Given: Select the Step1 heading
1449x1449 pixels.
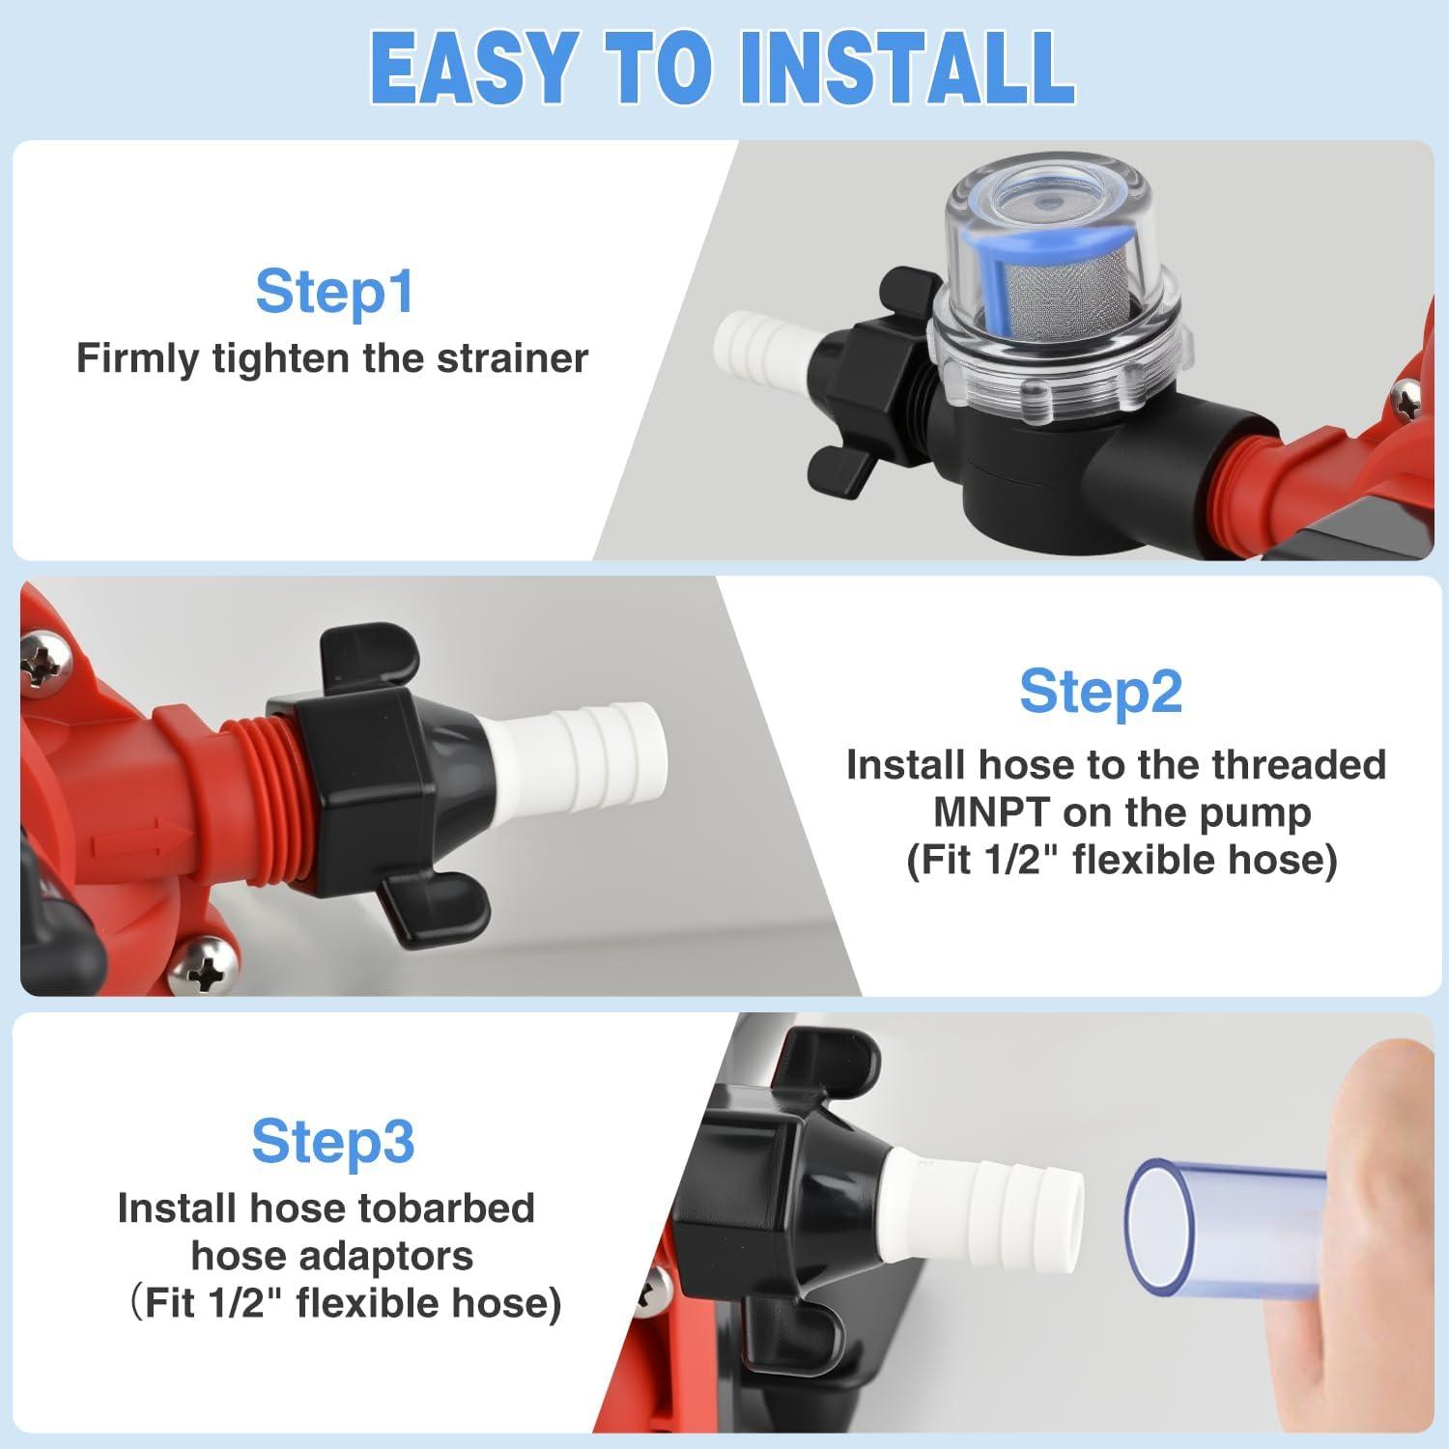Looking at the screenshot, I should [334, 291].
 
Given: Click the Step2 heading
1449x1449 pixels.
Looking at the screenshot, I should [1100, 692].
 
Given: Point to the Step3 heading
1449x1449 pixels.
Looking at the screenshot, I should [333, 1141].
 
